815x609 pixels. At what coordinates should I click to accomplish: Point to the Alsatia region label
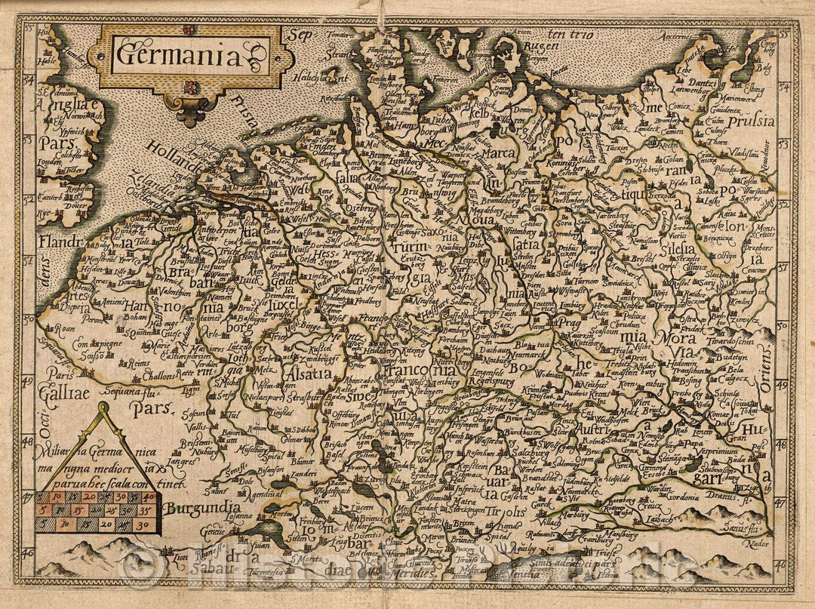303,372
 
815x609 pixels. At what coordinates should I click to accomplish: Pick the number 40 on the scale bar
149,497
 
